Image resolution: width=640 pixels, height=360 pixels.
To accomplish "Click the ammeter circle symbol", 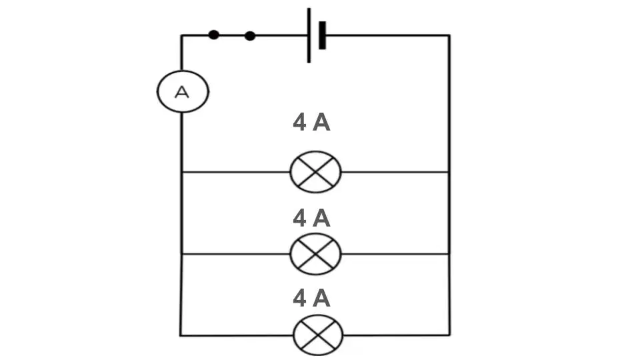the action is point(157,92).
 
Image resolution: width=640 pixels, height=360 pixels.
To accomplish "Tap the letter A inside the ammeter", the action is point(182,92).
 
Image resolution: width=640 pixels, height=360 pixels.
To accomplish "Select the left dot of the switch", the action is point(213,35).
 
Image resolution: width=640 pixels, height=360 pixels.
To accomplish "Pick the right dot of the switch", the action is point(250,36).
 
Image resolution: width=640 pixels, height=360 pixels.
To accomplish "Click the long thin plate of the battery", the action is point(309,35).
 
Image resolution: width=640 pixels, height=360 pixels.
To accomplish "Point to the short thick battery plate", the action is point(322,35).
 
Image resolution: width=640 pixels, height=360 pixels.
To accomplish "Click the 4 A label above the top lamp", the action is point(311,122).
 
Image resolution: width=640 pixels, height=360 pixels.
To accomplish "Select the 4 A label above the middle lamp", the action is point(311,218).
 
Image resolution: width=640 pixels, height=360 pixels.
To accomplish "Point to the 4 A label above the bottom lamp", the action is point(311,298).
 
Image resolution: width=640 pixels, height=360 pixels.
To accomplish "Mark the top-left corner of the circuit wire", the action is point(181,35).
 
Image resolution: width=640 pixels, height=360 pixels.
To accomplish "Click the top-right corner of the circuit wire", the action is point(449,35).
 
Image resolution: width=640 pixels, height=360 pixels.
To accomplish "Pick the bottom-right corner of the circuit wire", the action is point(449,335).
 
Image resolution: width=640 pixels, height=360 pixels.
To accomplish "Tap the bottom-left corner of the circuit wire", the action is point(181,335).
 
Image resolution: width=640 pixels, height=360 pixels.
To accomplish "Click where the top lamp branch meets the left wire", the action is point(181,172).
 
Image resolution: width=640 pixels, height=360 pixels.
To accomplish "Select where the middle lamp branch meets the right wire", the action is point(449,254).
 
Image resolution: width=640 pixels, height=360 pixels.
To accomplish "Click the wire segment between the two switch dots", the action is point(232,35).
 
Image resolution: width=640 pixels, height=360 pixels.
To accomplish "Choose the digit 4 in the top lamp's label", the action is point(299,122).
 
